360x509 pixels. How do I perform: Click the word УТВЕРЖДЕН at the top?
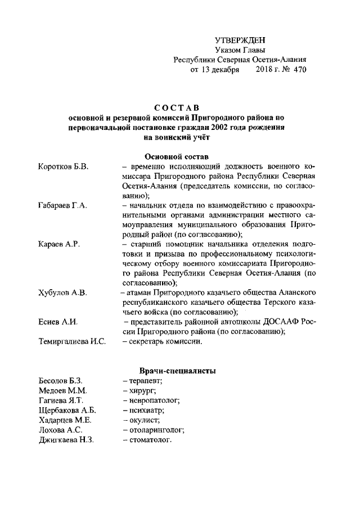tap(240, 40)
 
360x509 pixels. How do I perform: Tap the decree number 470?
tap(298, 70)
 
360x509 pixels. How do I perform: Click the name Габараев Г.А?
tap(62, 206)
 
